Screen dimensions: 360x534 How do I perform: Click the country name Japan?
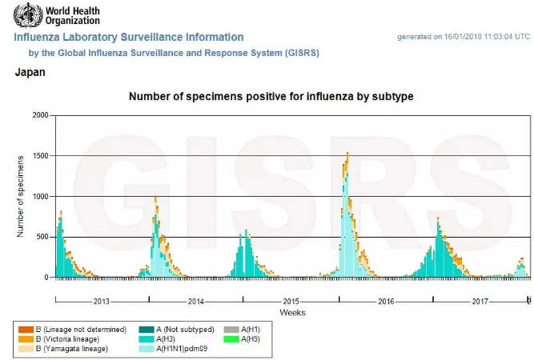point(30,72)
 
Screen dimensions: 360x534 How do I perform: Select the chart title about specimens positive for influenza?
point(271,97)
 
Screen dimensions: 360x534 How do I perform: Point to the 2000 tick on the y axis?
point(40,115)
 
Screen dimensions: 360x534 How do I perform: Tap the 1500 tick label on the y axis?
point(40,156)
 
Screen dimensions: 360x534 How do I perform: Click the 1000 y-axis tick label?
point(40,196)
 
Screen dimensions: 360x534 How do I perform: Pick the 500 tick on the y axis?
point(42,237)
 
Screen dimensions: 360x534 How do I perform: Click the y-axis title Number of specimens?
point(20,196)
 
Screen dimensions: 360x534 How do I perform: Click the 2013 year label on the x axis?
point(102,302)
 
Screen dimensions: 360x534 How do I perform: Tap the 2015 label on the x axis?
point(291,302)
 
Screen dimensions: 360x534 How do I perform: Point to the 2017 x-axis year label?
point(480,302)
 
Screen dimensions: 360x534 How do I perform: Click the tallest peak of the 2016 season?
point(347,154)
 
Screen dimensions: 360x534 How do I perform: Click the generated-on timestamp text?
point(464,37)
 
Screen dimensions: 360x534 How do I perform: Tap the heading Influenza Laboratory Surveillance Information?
point(129,37)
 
